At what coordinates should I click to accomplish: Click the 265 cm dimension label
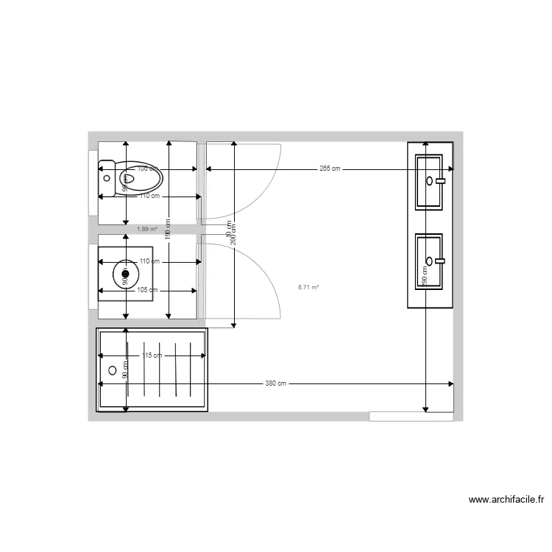tap(330, 169)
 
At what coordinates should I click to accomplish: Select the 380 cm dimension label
tap(276, 383)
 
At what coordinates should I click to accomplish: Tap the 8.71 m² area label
tap(308, 286)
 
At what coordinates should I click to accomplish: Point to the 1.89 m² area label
tap(147, 229)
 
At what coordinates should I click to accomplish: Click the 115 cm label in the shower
tap(152, 355)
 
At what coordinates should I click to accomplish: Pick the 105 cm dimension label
tap(147, 289)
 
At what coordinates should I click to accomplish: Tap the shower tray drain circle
tap(113, 370)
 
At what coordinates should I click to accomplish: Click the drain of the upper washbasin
tap(429, 180)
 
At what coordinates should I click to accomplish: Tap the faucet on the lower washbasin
tap(441, 260)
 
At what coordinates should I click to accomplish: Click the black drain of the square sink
tap(125, 275)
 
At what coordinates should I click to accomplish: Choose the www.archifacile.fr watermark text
tap(507, 500)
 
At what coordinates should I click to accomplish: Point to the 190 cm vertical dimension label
tap(169, 230)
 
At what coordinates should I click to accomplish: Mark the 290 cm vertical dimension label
tap(425, 276)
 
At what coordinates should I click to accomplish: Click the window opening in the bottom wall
tap(411, 417)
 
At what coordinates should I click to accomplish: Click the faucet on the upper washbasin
tap(441, 180)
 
